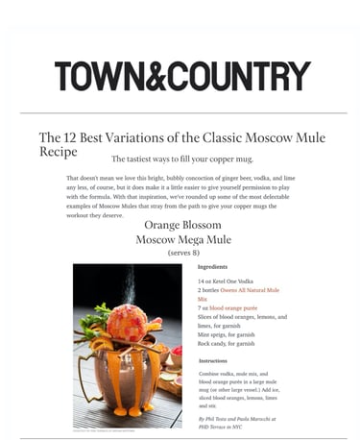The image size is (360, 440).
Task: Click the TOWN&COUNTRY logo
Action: click(182, 76)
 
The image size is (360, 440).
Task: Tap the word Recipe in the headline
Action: click(57, 152)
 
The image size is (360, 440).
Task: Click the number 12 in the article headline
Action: click(72, 137)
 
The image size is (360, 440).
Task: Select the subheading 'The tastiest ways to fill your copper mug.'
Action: click(182, 159)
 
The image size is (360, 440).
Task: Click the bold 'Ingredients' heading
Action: click(212, 266)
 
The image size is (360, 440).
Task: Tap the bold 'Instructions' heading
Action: click(213, 360)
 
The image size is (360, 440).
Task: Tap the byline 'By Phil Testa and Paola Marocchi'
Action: click(236, 419)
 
